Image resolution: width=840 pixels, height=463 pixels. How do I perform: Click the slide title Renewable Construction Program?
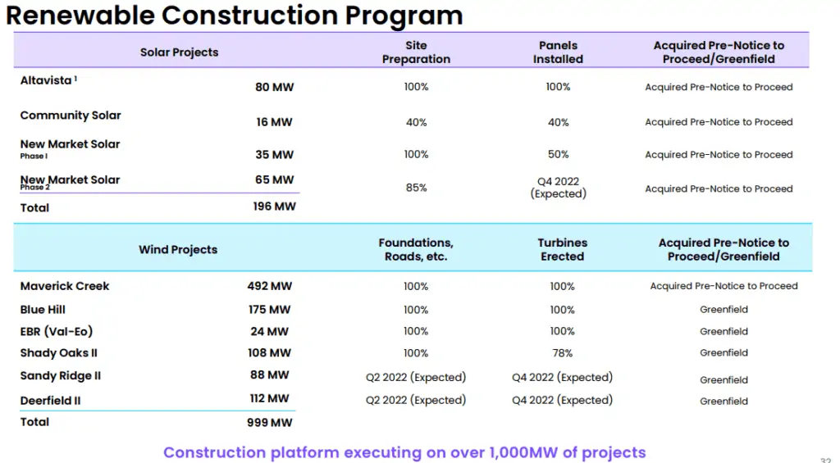coord(234,15)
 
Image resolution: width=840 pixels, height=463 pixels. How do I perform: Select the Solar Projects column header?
coord(179,52)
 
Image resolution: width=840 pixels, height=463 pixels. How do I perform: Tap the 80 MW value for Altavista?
coord(274,87)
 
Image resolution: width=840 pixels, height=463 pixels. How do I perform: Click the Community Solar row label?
coord(71,116)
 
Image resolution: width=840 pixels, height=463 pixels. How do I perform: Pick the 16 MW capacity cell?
coord(274,122)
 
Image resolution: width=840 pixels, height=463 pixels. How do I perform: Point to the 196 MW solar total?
coord(274,207)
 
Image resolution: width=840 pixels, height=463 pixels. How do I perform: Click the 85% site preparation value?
coord(416,188)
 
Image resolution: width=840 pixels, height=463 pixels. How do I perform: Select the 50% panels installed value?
coord(558,154)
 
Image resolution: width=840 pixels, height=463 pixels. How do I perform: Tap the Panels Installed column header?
coord(558,52)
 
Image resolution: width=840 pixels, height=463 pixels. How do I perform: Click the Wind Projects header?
coord(178,250)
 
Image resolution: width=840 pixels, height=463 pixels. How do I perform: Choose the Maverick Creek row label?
coord(65,286)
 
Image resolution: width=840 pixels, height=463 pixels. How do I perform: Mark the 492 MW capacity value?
coord(269,286)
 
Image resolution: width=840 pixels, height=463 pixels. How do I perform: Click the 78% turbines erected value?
coord(562,353)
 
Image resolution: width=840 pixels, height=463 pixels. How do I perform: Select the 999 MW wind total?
coord(269,423)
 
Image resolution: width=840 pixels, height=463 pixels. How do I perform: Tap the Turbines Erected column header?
coord(562,249)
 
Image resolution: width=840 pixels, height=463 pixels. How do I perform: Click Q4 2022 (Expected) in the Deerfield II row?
coord(562,400)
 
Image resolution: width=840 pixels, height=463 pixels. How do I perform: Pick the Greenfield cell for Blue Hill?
coord(724,310)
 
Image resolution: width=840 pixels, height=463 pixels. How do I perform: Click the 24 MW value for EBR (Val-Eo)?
coord(269,332)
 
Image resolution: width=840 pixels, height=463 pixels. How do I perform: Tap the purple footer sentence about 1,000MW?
coord(404,452)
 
